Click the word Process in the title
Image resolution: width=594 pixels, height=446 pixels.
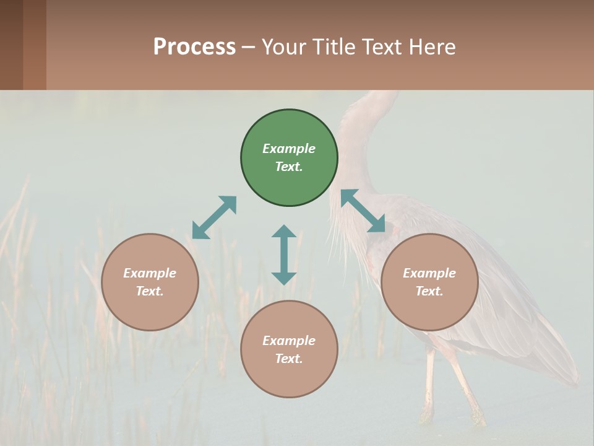(x=194, y=47)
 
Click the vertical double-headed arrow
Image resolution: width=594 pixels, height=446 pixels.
(x=284, y=255)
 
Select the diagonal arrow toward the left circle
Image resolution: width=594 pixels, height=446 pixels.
(x=214, y=217)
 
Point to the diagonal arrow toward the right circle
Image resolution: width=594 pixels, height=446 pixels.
(x=363, y=211)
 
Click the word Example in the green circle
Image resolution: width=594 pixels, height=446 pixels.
(x=289, y=149)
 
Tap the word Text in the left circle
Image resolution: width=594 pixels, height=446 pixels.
(x=150, y=291)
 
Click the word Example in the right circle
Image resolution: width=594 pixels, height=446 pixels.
(x=429, y=273)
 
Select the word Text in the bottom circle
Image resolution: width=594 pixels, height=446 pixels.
(x=289, y=359)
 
